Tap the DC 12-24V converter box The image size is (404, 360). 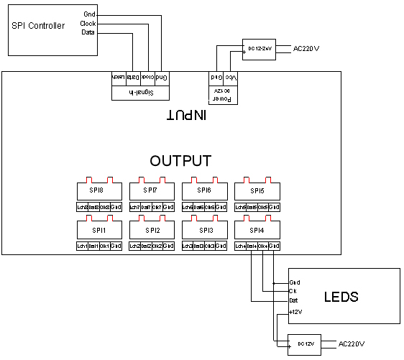click(259, 49)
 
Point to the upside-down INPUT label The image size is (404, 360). click(184, 115)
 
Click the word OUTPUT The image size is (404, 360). click(180, 160)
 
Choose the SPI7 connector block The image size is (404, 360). click(151, 191)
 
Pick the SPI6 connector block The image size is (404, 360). click(204, 191)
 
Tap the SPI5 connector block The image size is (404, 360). click(257, 191)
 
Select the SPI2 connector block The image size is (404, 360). click(151, 231)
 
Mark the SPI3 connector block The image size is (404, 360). click(204, 231)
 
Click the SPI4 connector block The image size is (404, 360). click(257, 231)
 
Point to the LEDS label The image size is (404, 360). click(341, 296)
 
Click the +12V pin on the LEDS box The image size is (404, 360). click(295, 311)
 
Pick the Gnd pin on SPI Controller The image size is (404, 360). click(88, 14)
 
